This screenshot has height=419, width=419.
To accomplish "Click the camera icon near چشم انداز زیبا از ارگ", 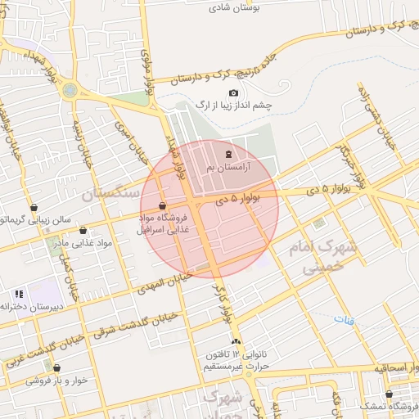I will click(234, 93).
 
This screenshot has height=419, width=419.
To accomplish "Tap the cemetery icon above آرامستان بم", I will click(229, 154).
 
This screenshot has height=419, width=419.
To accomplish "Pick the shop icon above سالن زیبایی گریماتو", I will click(34, 208).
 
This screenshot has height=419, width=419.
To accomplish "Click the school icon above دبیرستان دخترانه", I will click(18, 294).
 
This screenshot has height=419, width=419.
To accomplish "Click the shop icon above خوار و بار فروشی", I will click(56, 367).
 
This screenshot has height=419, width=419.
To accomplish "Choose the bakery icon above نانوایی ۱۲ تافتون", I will click(237, 340).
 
